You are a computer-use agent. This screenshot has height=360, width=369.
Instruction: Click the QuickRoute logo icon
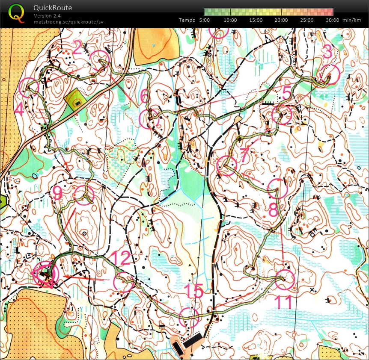coord(16,13)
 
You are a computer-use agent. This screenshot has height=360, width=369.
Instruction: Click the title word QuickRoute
coord(53,8)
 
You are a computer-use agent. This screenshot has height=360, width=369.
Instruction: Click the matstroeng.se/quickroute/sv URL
coord(68,21)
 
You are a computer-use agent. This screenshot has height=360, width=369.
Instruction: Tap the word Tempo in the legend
coord(187,20)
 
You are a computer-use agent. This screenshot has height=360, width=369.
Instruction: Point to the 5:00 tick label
coord(205,20)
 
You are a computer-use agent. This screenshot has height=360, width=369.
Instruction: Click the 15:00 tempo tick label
coord(256,20)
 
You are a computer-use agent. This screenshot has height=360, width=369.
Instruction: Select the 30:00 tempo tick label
coord(332,20)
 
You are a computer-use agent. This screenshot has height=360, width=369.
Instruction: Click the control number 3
coord(327,52)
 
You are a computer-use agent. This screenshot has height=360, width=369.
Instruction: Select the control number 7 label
coord(244,154)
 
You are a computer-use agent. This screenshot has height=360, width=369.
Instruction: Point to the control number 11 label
coord(283,301)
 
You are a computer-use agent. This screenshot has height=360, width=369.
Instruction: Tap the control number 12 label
coord(120,259)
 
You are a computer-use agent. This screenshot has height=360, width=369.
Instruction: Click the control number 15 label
coord(193,292)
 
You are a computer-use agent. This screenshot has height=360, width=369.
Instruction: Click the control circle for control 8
coord(277,189)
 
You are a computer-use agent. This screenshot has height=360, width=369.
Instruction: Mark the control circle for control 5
coord(282,115)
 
